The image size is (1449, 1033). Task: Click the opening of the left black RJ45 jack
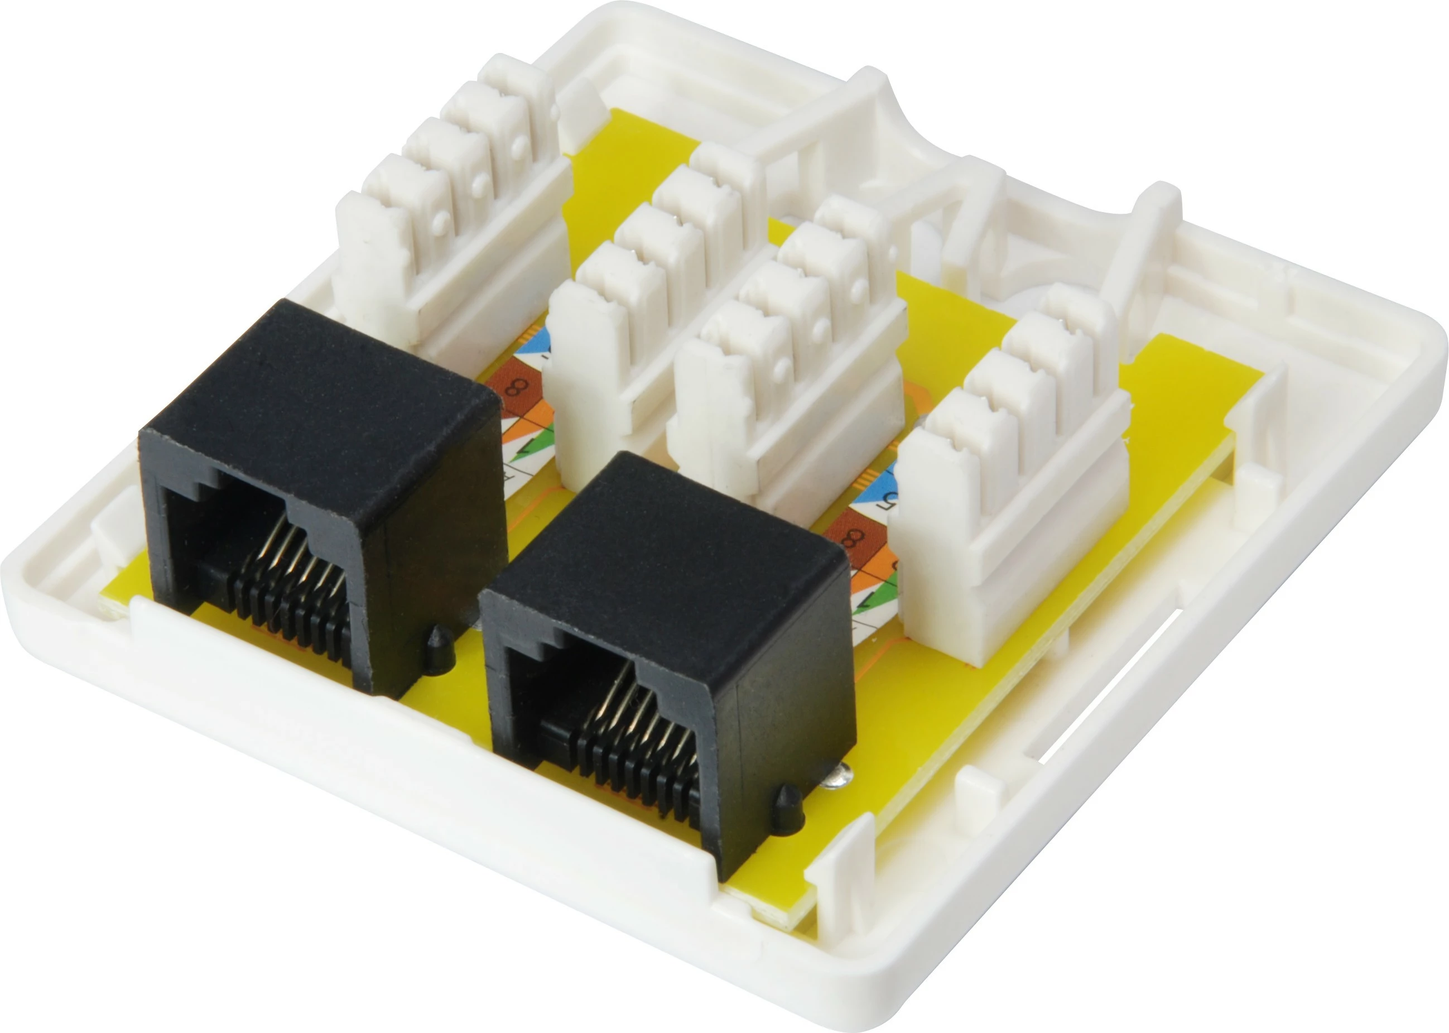[x=254, y=560]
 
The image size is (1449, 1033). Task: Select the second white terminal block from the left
[x=655, y=318]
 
